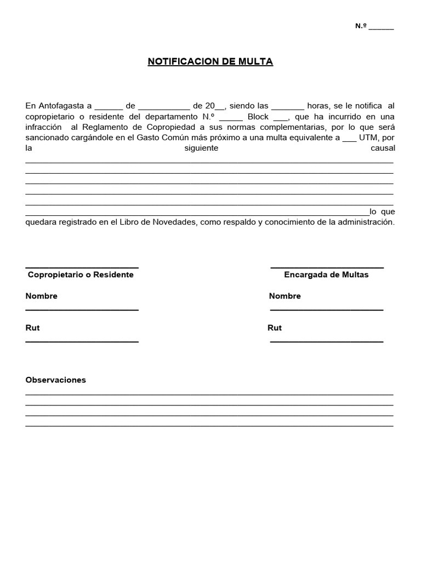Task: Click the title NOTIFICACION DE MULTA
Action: (210, 61)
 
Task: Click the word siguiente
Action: (201, 148)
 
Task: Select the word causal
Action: (383, 148)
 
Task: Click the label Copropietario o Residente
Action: (81, 274)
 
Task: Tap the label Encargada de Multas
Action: (326, 274)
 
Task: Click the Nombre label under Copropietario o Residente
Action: (41, 296)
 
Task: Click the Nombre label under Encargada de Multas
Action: (285, 296)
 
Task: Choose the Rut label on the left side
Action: (32, 328)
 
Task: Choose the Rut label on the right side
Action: (275, 328)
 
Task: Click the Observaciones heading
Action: (55, 380)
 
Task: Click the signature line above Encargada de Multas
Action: (327, 267)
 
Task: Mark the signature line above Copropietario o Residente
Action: (82, 267)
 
